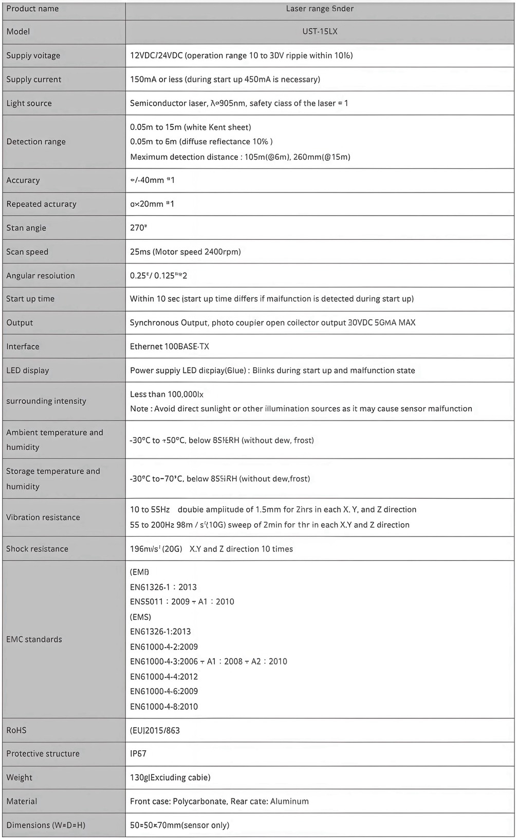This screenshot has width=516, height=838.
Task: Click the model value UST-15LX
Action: [x=320, y=31]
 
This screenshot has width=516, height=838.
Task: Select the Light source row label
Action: [x=29, y=103]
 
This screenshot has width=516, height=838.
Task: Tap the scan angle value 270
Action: [x=138, y=227]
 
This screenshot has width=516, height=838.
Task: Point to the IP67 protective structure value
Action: [x=138, y=753]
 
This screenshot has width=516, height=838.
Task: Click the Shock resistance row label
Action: [x=37, y=548]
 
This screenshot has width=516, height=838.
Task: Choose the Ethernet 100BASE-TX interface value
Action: [x=169, y=346]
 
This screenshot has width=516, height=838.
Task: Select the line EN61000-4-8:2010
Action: [x=163, y=706]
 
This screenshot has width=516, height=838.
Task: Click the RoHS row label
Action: [x=16, y=730]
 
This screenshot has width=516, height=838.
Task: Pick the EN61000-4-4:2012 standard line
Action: [x=163, y=676]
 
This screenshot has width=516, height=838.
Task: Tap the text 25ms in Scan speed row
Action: [x=139, y=252]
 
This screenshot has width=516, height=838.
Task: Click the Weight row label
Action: [x=19, y=777]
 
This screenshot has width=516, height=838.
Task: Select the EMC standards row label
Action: [x=34, y=639]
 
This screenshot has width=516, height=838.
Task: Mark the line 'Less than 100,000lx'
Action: [x=167, y=394]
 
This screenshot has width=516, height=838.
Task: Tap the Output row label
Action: [x=20, y=322]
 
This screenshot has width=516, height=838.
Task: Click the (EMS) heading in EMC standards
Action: [x=140, y=617]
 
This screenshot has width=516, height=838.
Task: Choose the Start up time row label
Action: [x=30, y=298]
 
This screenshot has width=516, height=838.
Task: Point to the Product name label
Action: [x=32, y=9]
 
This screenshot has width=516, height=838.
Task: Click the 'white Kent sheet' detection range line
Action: [x=190, y=127]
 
